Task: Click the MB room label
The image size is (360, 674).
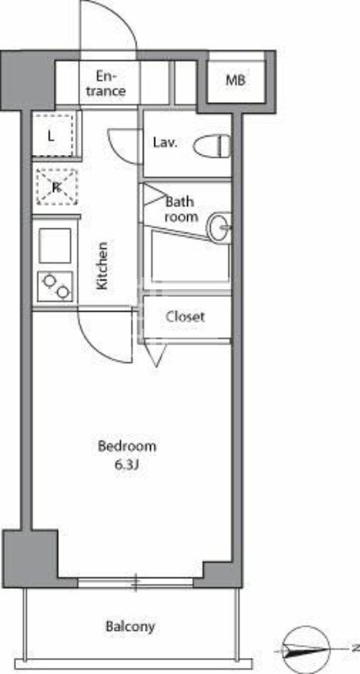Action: point(234,81)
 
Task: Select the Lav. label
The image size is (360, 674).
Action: point(164,142)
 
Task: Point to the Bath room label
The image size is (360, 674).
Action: point(180,209)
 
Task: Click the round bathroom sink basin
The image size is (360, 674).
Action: point(220,225)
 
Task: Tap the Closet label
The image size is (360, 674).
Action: point(185,318)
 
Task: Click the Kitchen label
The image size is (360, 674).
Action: point(102,266)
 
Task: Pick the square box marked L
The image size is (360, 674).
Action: point(52,135)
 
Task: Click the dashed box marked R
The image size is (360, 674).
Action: point(56,187)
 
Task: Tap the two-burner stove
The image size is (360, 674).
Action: point(55,287)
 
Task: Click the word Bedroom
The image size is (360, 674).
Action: point(126,446)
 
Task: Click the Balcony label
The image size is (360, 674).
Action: point(131,627)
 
